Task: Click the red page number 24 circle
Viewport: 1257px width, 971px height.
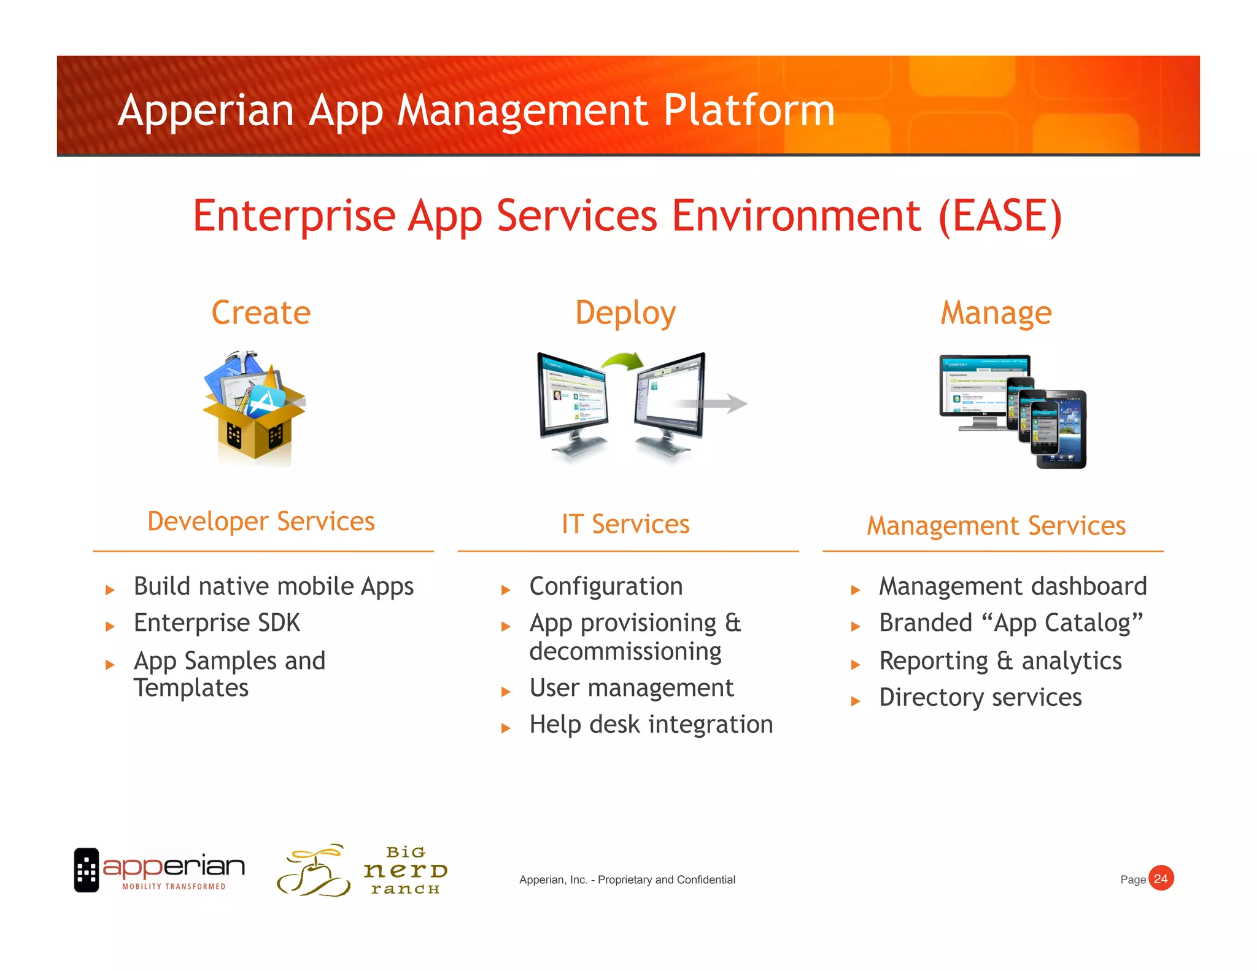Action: tap(1160, 878)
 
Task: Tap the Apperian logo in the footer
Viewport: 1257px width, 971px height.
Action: tap(160, 870)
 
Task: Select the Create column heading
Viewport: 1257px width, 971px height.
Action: tap(261, 312)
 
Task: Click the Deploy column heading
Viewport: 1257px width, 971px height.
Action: tap(625, 313)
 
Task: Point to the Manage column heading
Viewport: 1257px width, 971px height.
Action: tap(996, 313)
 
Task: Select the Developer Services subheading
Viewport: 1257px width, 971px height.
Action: tap(261, 522)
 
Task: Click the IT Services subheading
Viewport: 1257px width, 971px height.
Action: tap(625, 524)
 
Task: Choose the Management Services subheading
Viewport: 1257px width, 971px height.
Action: tap(996, 526)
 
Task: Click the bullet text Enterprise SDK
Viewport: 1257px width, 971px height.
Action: tap(217, 623)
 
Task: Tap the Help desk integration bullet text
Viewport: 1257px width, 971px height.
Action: tap(651, 724)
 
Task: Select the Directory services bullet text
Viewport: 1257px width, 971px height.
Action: tap(980, 698)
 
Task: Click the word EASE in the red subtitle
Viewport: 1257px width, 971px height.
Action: tap(1000, 216)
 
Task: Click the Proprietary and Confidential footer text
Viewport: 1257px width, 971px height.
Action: tap(627, 880)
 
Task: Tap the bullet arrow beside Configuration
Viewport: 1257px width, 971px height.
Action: tap(506, 590)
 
